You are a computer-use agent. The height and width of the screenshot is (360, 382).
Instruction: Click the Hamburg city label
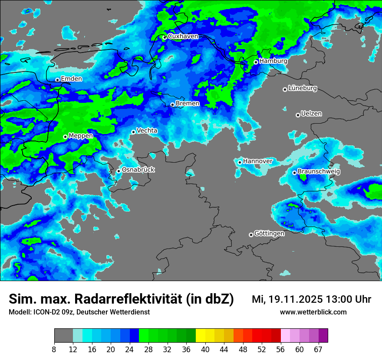(273, 61)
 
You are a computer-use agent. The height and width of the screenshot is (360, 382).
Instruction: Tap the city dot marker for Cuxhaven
(165, 37)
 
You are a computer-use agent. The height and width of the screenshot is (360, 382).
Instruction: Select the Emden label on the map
(72, 79)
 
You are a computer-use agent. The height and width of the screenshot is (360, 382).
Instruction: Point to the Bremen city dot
(172, 105)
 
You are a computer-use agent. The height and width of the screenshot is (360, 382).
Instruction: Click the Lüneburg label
(303, 88)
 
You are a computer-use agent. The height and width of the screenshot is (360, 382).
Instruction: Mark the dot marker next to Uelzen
(298, 115)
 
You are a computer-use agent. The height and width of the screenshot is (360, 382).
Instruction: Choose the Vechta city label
(147, 131)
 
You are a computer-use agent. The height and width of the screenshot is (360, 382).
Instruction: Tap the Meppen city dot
(65, 137)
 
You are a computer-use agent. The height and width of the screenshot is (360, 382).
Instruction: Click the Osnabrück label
(138, 170)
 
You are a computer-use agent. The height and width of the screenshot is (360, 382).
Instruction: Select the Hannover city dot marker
(240, 162)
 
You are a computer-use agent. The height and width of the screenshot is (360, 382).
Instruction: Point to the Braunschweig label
(319, 171)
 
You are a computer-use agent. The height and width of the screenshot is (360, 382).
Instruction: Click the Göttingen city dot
(251, 235)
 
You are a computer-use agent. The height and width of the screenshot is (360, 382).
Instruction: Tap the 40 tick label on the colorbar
(205, 350)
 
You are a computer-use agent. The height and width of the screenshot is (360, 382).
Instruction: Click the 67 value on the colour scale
(318, 350)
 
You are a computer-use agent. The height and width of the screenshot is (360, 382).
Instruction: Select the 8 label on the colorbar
(54, 350)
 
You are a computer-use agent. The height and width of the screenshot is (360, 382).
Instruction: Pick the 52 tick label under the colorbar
(262, 350)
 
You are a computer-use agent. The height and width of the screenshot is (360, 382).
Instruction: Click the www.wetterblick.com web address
(313, 312)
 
